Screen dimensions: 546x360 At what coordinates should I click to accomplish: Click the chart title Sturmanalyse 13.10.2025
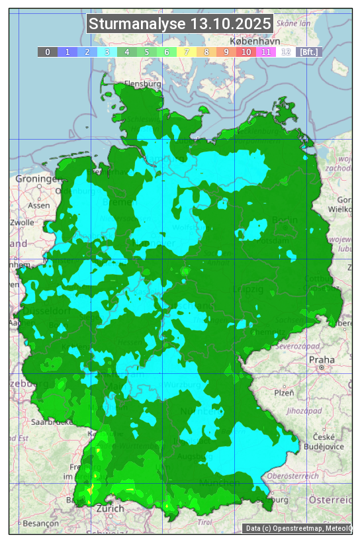[180, 24]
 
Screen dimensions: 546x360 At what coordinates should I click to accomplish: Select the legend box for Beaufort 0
[47, 52]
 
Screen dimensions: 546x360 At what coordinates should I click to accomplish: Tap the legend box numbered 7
[187, 52]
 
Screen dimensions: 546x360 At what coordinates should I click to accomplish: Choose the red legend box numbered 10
[246, 52]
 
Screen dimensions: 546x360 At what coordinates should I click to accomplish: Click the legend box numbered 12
[286, 52]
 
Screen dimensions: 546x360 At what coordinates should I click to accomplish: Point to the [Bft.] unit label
[308, 52]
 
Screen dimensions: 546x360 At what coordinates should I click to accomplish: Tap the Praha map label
[316, 359]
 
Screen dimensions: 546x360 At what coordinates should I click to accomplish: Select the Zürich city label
[110, 508]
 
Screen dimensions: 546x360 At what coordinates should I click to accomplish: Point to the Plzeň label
[284, 392]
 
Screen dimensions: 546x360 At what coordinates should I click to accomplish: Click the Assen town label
[38, 206]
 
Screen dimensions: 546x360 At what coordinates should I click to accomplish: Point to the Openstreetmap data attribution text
[298, 528]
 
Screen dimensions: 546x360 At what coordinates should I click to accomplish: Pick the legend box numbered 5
[146, 52]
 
